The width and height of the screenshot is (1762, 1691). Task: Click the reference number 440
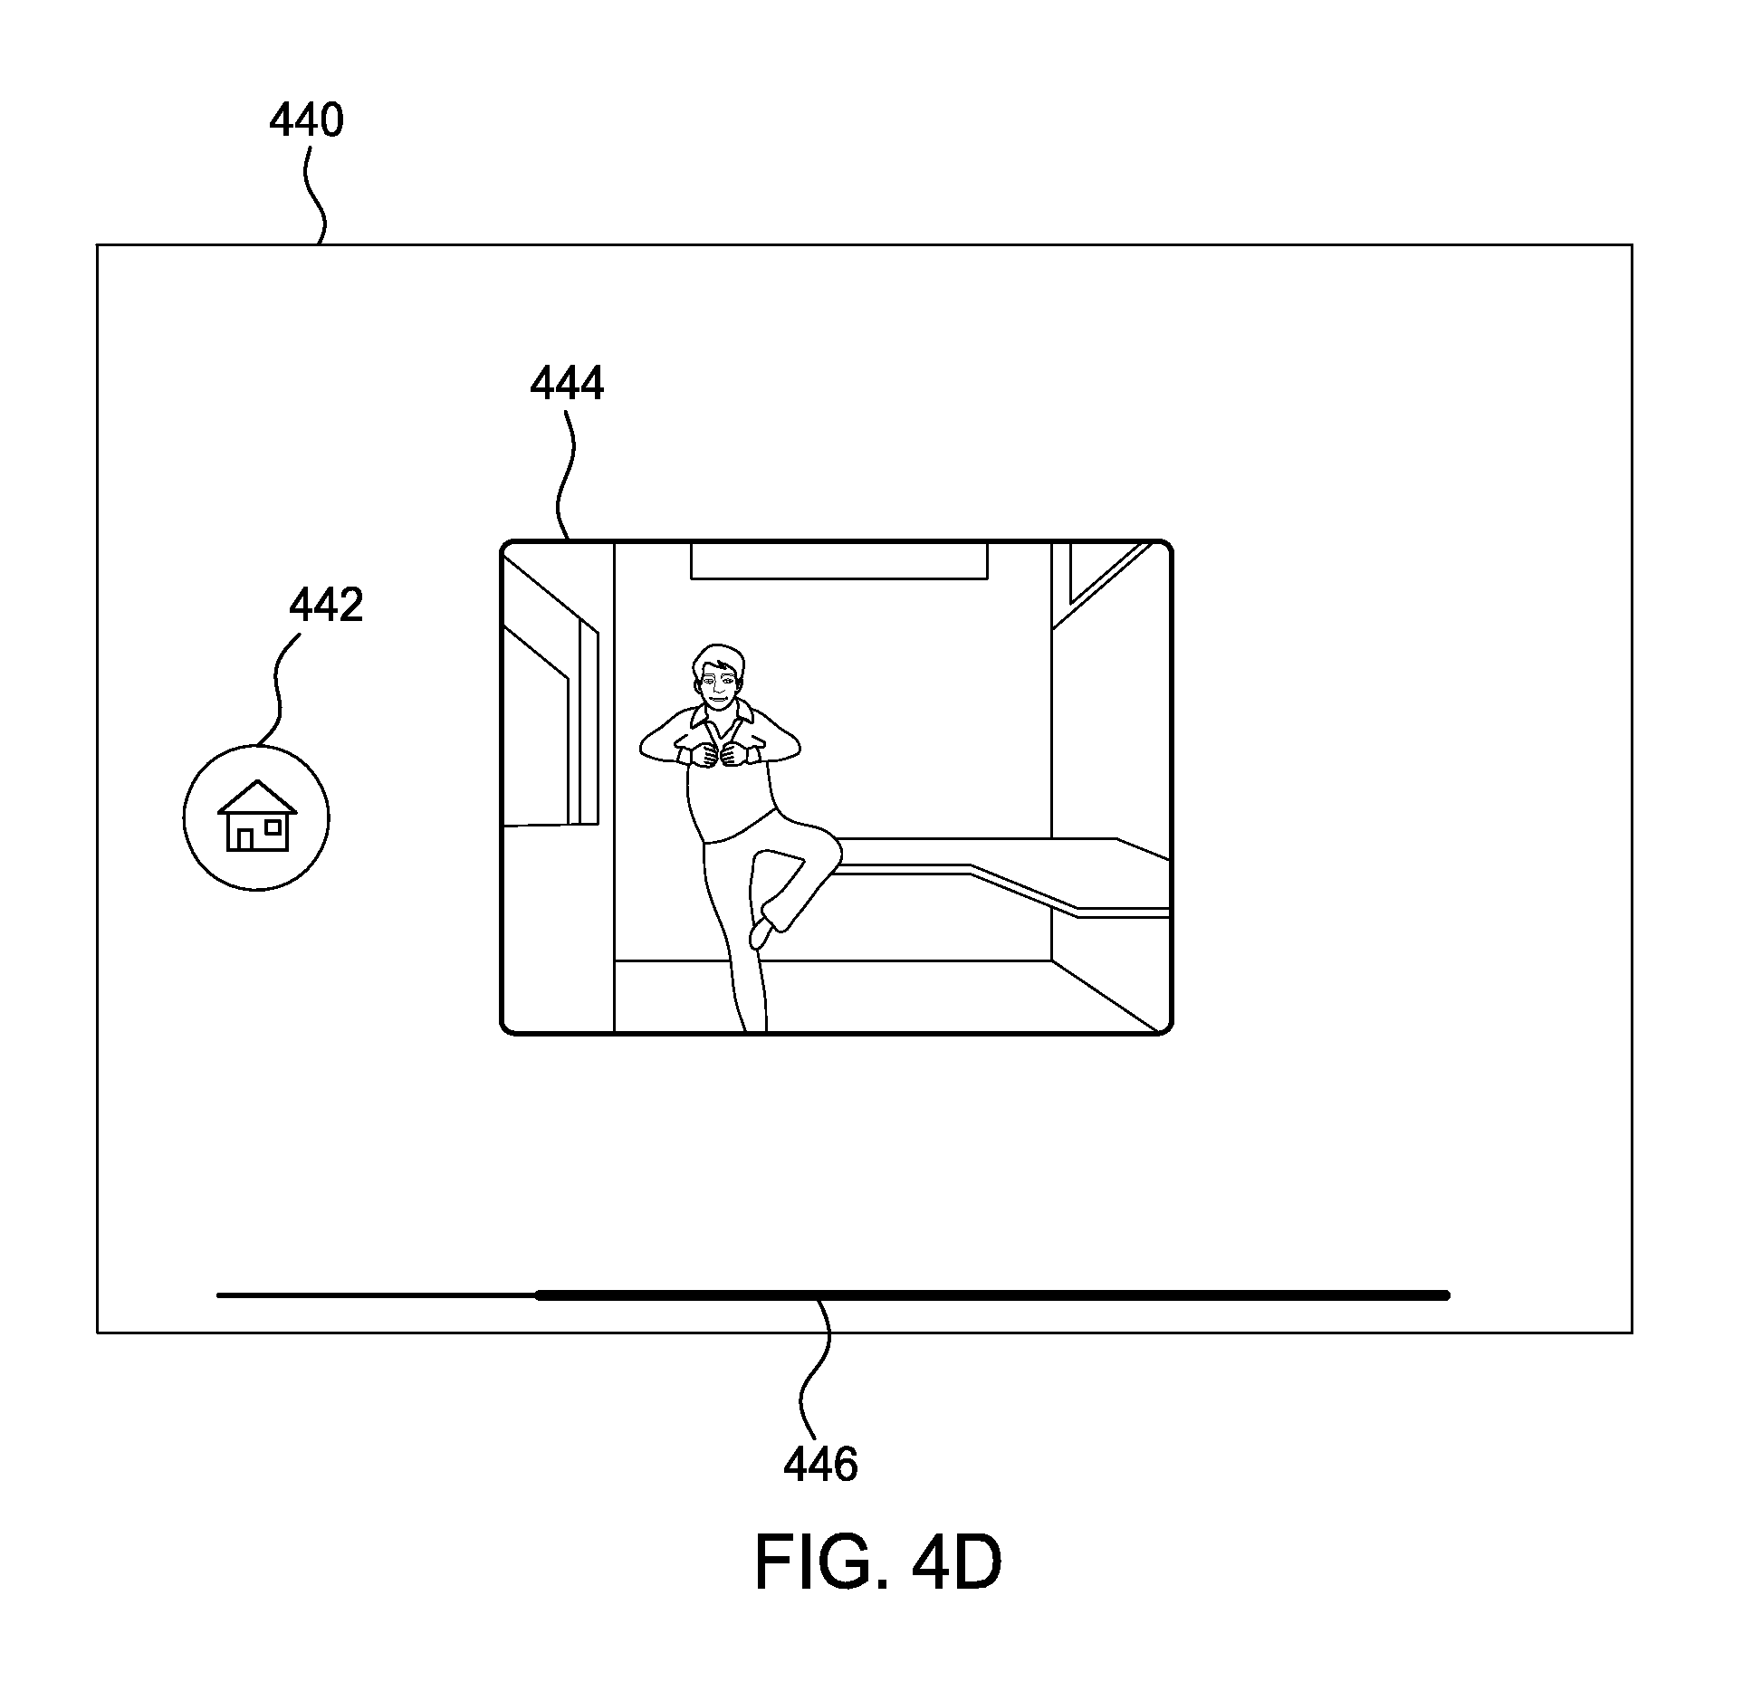[306, 120]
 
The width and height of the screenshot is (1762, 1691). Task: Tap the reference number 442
[326, 606]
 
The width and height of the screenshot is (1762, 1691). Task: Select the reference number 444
[567, 384]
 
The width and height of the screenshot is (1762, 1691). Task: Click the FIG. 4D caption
[877, 1563]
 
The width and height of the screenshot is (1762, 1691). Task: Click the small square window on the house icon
[273, 827]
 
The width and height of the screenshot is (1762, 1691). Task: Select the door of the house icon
[244, 838]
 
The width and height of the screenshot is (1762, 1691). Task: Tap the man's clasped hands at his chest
[716, 754]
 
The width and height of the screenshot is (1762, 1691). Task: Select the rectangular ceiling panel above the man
[839, 560]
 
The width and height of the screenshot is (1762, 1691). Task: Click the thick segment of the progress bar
[993, 1295]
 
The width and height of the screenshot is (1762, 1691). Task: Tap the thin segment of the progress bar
[377, 1295]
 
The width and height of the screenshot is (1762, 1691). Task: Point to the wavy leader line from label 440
[312, 194]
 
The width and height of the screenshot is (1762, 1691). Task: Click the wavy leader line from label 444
[566, 475]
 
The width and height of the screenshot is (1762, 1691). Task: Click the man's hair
[716, 659]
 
